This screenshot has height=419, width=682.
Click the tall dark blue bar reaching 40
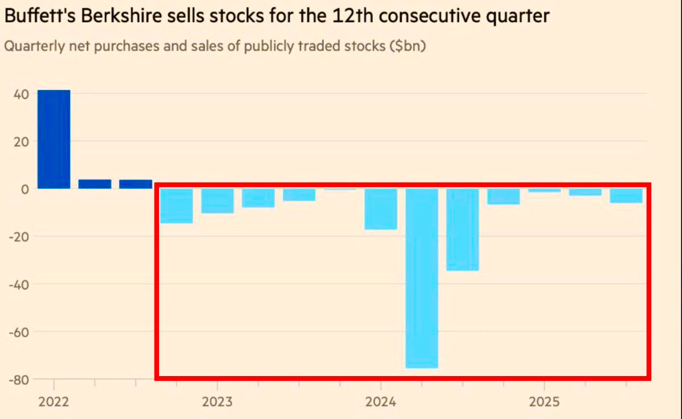54,139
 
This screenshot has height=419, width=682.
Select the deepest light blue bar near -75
421,278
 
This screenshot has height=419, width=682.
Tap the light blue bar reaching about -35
462,230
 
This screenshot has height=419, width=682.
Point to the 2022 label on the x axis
53,403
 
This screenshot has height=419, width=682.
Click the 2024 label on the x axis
380,403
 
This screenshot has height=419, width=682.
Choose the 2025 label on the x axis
544,403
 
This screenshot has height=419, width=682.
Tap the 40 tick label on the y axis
20,94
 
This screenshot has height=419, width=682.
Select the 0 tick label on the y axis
25,189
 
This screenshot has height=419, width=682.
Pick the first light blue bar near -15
176,206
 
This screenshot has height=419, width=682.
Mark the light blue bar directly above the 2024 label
380,209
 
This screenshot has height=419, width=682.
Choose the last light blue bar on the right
626,196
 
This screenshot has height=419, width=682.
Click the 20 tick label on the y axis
20,142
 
